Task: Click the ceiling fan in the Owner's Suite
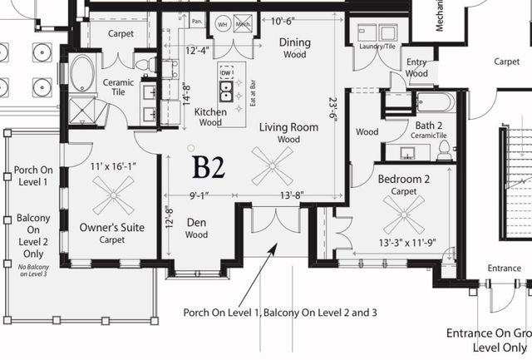click(x=112, y=195)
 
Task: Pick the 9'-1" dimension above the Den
click(x=200, y=196)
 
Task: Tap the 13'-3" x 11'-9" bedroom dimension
click(x=406, y=244)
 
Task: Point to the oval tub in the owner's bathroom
click(x=82, y=72)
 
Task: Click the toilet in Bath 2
click(x=444, y=150)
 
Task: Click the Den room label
click(x=196, y=222)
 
